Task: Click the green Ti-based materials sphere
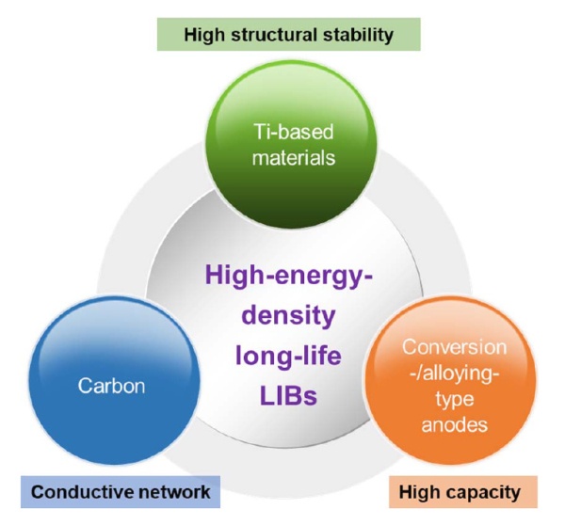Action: [x=282, y=141]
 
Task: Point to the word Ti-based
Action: [x=282, y=134]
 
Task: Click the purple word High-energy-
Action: [x=282, y=277]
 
